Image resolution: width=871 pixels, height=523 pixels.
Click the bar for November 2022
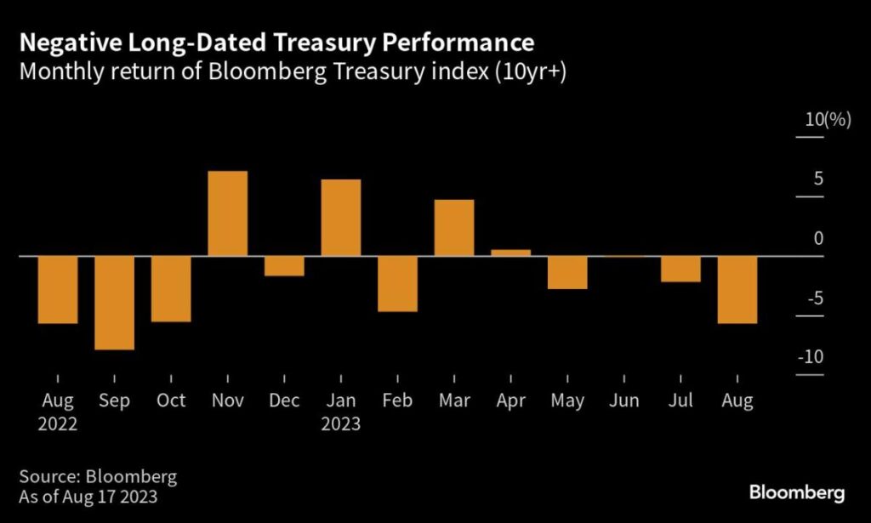(x=228, y=213)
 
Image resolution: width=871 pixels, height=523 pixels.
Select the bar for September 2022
(x=114, y=302)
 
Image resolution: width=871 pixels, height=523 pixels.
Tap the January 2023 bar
(x=341, y=217)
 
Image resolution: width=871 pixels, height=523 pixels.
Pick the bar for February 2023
(x=397, y=283)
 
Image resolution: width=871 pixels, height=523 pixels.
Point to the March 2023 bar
(x=454, y=227)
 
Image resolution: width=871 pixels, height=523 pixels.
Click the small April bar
(x=510, y=253)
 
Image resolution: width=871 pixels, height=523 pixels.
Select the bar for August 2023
(x=737, y=289)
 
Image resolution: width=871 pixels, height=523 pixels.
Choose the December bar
(x=284, y=265)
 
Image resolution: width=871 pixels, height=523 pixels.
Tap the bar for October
(x=171, y=288)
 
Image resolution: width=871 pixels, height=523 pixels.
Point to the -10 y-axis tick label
(x=812, y=357)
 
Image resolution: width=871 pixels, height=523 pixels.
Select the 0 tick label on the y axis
(x=818, y=238)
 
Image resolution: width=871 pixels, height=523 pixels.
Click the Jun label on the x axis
(x=624, y=401)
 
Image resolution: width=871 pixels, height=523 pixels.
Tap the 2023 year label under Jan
(x=340, y=424)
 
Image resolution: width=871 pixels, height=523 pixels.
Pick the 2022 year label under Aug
(x=57, y=424)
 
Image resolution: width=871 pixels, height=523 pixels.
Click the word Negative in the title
(x=63, y=43)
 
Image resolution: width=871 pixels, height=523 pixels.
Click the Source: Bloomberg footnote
(x=98, y=477)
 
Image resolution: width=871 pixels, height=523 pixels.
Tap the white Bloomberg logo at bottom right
(x=796, y=492)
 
